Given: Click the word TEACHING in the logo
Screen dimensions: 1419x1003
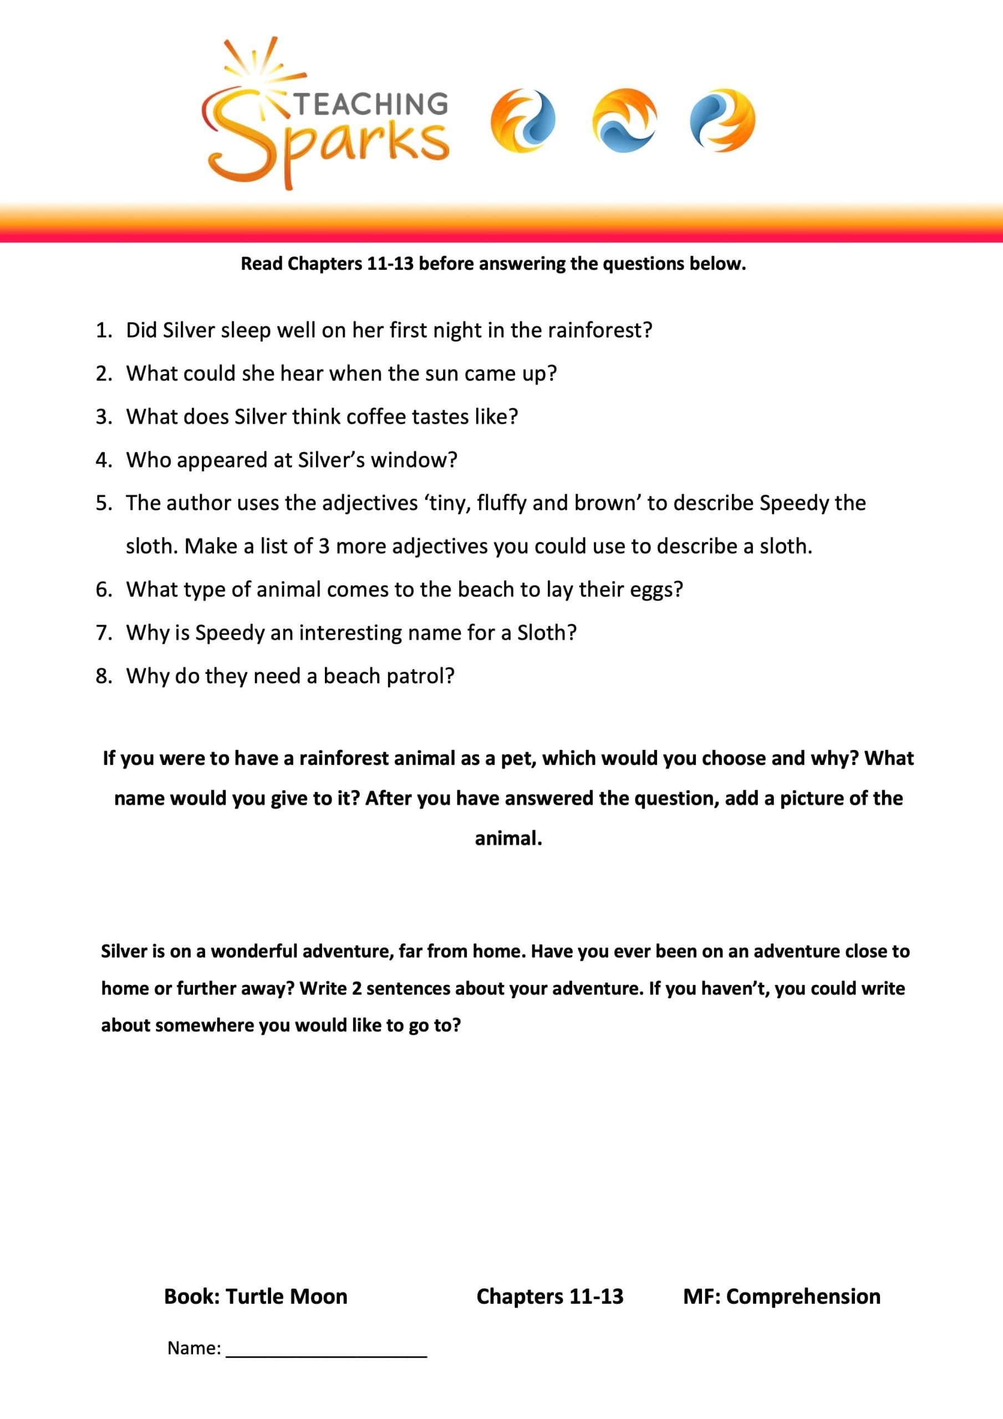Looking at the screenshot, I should click(x=370, y=104).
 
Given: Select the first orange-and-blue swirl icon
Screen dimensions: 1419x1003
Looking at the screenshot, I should click(x=522, y=120).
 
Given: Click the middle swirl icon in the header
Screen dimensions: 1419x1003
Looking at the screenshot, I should click(x=624, y=120).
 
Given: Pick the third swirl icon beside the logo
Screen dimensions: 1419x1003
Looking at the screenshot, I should click(x=722, y=120).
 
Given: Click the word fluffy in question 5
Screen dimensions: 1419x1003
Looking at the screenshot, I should click(x=501, y=504).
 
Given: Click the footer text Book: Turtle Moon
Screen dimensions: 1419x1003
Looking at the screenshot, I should click(x=256, y=1296).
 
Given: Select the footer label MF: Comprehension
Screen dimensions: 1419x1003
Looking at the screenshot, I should click(x=782, y=1296).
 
